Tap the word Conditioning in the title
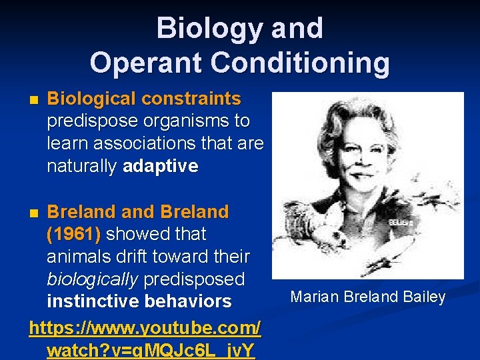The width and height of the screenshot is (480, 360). tap(300, 63)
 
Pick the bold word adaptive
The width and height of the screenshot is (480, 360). tap(160, 166)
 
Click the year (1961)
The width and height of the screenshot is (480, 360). tap(74, 235)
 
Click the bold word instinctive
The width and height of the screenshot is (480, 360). tap(92, 301)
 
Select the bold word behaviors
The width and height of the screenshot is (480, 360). tap(187, 301)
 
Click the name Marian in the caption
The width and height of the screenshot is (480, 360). tap(313, 297)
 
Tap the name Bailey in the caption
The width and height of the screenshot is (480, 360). tap(424, 297)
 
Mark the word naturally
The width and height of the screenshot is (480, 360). tap(82, 166)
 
